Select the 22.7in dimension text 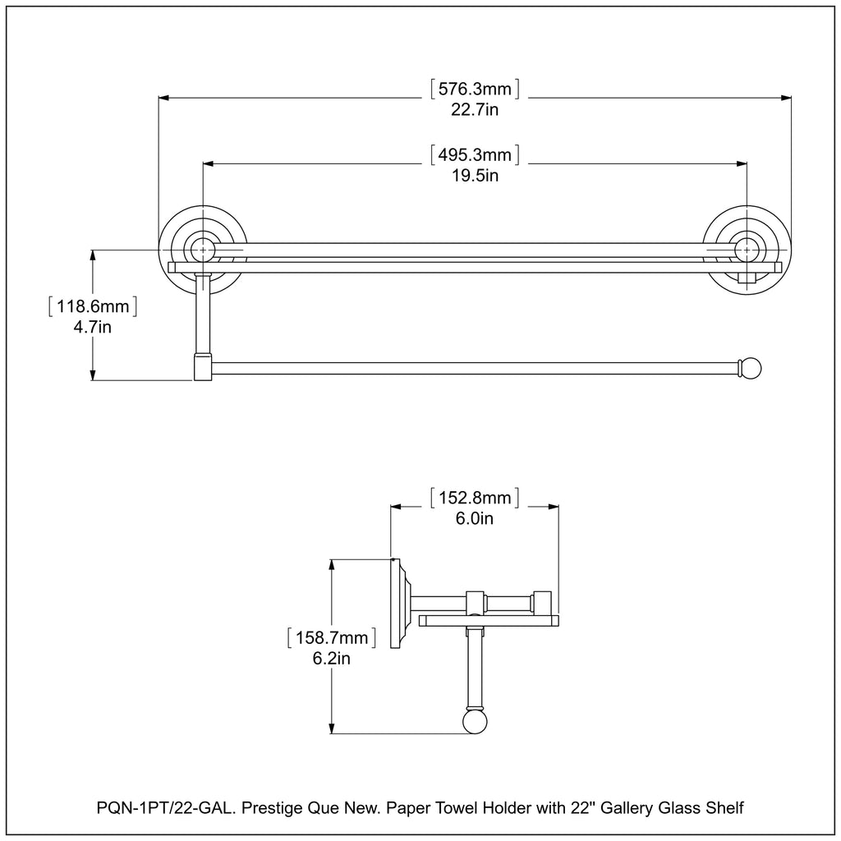click(x=475, y=110)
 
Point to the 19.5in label click(x=475, y=175)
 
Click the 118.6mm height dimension click(x=92, y=307)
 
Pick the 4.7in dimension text click(x=92, y=328)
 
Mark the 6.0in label click(x=475, y=518)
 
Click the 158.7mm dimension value click(x=332, y=637)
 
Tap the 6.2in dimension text click(x=332, y=658)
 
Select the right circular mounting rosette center click(x=746, y=248)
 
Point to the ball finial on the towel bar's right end click(x=751, y=369)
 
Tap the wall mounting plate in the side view click(x=396, y=604)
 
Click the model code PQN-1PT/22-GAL click(x=159, y=808)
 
